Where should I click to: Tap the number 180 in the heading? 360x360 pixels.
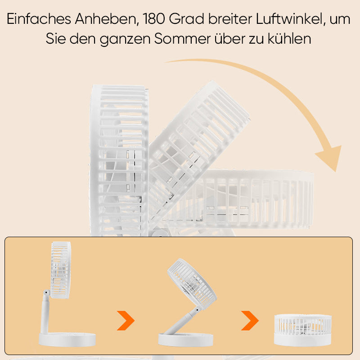pyautogui.click(x=154, y=19)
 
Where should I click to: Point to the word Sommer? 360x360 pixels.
pyautogui.click(x=182, y=39)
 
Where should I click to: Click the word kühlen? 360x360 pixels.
pyautogui.click(x=289, y=39)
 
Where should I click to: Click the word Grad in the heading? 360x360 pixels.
pyautogui.click(x=186, y=19)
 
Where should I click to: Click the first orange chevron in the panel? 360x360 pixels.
pyautogui.click(x=126, y=320)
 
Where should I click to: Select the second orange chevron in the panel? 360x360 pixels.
pyautogui.click(x=250, y=320)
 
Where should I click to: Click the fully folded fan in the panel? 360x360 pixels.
pyautogui.click(x=303, y=330)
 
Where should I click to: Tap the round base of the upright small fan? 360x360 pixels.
pyautogui.click(x=67, y=340)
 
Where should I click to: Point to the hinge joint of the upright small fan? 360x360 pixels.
pyautogui.click(x=47, y=292)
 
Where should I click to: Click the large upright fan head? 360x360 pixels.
pyautogui.click(x=119, y=161)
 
